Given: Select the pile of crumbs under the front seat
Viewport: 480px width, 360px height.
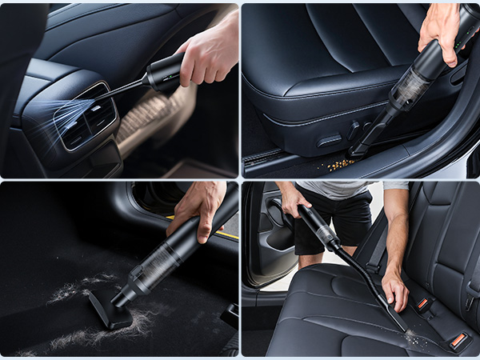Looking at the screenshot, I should pyautogui.click(x=342, y=163).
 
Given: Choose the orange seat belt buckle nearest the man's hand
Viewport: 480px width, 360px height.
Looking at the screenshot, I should pyautogui.click(x=422, y=303).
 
